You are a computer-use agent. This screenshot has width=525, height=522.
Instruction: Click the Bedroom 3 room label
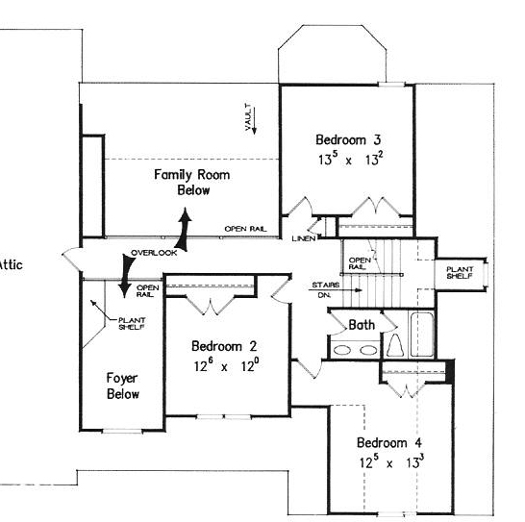click(348, 139)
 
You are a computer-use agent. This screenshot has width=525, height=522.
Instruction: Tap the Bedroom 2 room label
click(224, 346)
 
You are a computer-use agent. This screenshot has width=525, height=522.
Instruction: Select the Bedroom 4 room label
click(389, 442)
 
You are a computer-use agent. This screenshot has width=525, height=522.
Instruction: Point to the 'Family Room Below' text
click(192, 182)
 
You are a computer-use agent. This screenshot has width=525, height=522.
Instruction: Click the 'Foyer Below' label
click(122, 385)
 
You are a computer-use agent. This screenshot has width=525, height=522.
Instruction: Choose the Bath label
click(362, 325)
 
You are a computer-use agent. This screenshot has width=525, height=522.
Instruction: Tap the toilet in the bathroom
click(395, 345)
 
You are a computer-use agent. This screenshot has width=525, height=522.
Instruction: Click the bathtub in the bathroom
click(422, 335)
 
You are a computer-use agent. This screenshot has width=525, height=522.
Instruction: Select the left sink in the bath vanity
click(342, 350)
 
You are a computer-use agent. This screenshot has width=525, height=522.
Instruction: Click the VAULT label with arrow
click(250, 118)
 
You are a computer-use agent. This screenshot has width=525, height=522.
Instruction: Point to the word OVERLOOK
click(154, 253)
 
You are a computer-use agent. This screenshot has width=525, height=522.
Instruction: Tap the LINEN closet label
click(304, 238)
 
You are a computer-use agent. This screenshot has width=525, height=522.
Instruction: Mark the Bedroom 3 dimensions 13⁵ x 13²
click(351, 159)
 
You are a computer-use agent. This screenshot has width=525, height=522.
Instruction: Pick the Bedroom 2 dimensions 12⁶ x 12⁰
click(226, 365)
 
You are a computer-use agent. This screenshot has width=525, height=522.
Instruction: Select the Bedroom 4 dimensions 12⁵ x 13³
click(391, 462)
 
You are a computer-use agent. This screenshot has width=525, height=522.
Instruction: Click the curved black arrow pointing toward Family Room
click(184, 231)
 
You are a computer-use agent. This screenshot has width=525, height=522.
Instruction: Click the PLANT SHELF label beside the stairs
click(460, 273)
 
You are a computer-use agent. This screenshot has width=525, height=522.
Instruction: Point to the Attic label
click(11, 265)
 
